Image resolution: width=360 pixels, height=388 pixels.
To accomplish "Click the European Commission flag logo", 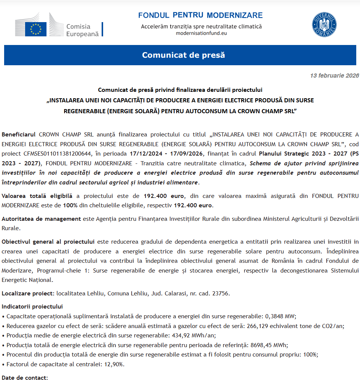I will point(36,28).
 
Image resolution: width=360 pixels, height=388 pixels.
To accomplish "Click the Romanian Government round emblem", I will point(324,25).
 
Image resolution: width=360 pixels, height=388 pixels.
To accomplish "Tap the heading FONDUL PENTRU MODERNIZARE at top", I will point(200,15).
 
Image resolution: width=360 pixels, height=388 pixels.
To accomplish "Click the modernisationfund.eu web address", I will point(201,33).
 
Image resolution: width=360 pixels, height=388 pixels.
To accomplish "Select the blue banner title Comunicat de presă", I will point(183,55).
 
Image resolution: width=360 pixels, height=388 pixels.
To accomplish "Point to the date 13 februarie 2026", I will point(334,76).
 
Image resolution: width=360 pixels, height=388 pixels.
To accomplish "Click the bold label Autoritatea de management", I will point(41,219).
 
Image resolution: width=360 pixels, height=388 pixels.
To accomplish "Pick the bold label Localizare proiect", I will point(28,293).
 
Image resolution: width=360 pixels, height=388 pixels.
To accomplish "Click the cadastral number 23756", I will point(219,293).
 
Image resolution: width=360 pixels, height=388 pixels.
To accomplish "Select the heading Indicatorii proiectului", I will point(32,306).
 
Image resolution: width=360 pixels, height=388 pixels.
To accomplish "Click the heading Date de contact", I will point(24,378).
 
